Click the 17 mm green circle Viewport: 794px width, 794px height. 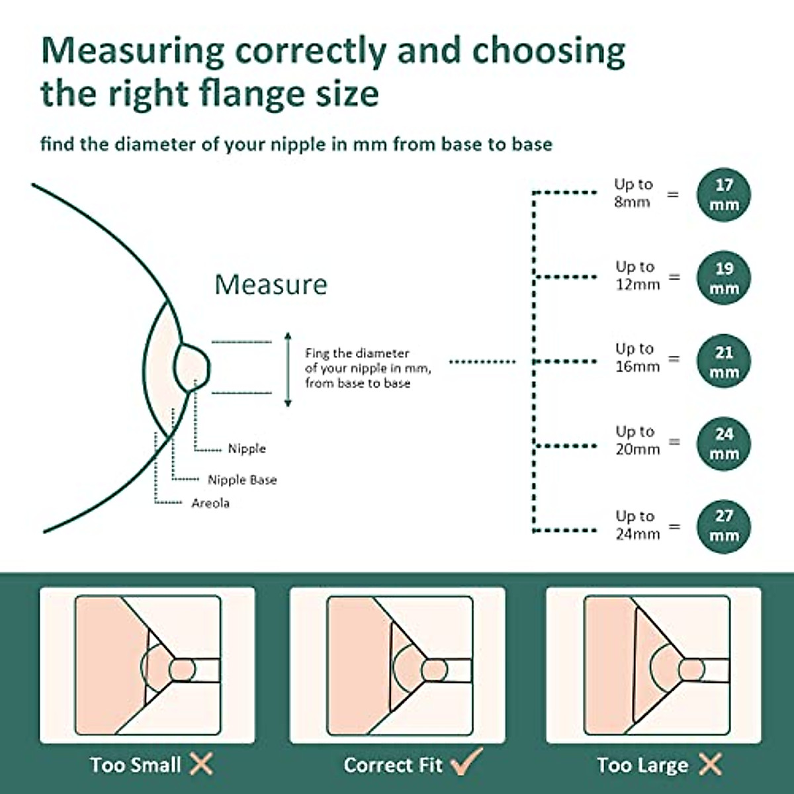(x=724, y=195)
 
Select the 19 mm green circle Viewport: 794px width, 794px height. (x=724, y=278)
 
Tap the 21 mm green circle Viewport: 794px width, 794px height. (x=724, y=361)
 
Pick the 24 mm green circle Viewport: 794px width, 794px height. (x=724, y=443)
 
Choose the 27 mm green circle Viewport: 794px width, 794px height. (x=724, y=525)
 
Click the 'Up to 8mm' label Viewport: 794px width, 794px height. (x=633, y=193)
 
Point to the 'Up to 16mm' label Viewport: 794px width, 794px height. (x=637, y=357)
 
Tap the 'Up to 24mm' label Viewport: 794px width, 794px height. (x=637, y=525)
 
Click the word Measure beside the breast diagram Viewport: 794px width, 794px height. (x=271, y=285)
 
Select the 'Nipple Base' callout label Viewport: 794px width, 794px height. (x=242, y=480)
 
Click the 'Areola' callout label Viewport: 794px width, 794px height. (x=210, y=503)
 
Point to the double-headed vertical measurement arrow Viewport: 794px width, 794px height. (x=287, y=369)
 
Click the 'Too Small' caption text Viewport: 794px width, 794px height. (x=136, y=765)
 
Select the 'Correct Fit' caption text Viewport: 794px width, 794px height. (x=393, y=765)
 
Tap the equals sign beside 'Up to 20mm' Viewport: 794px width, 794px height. (x=674, y=441)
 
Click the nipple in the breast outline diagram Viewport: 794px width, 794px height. (x=193, y=365)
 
